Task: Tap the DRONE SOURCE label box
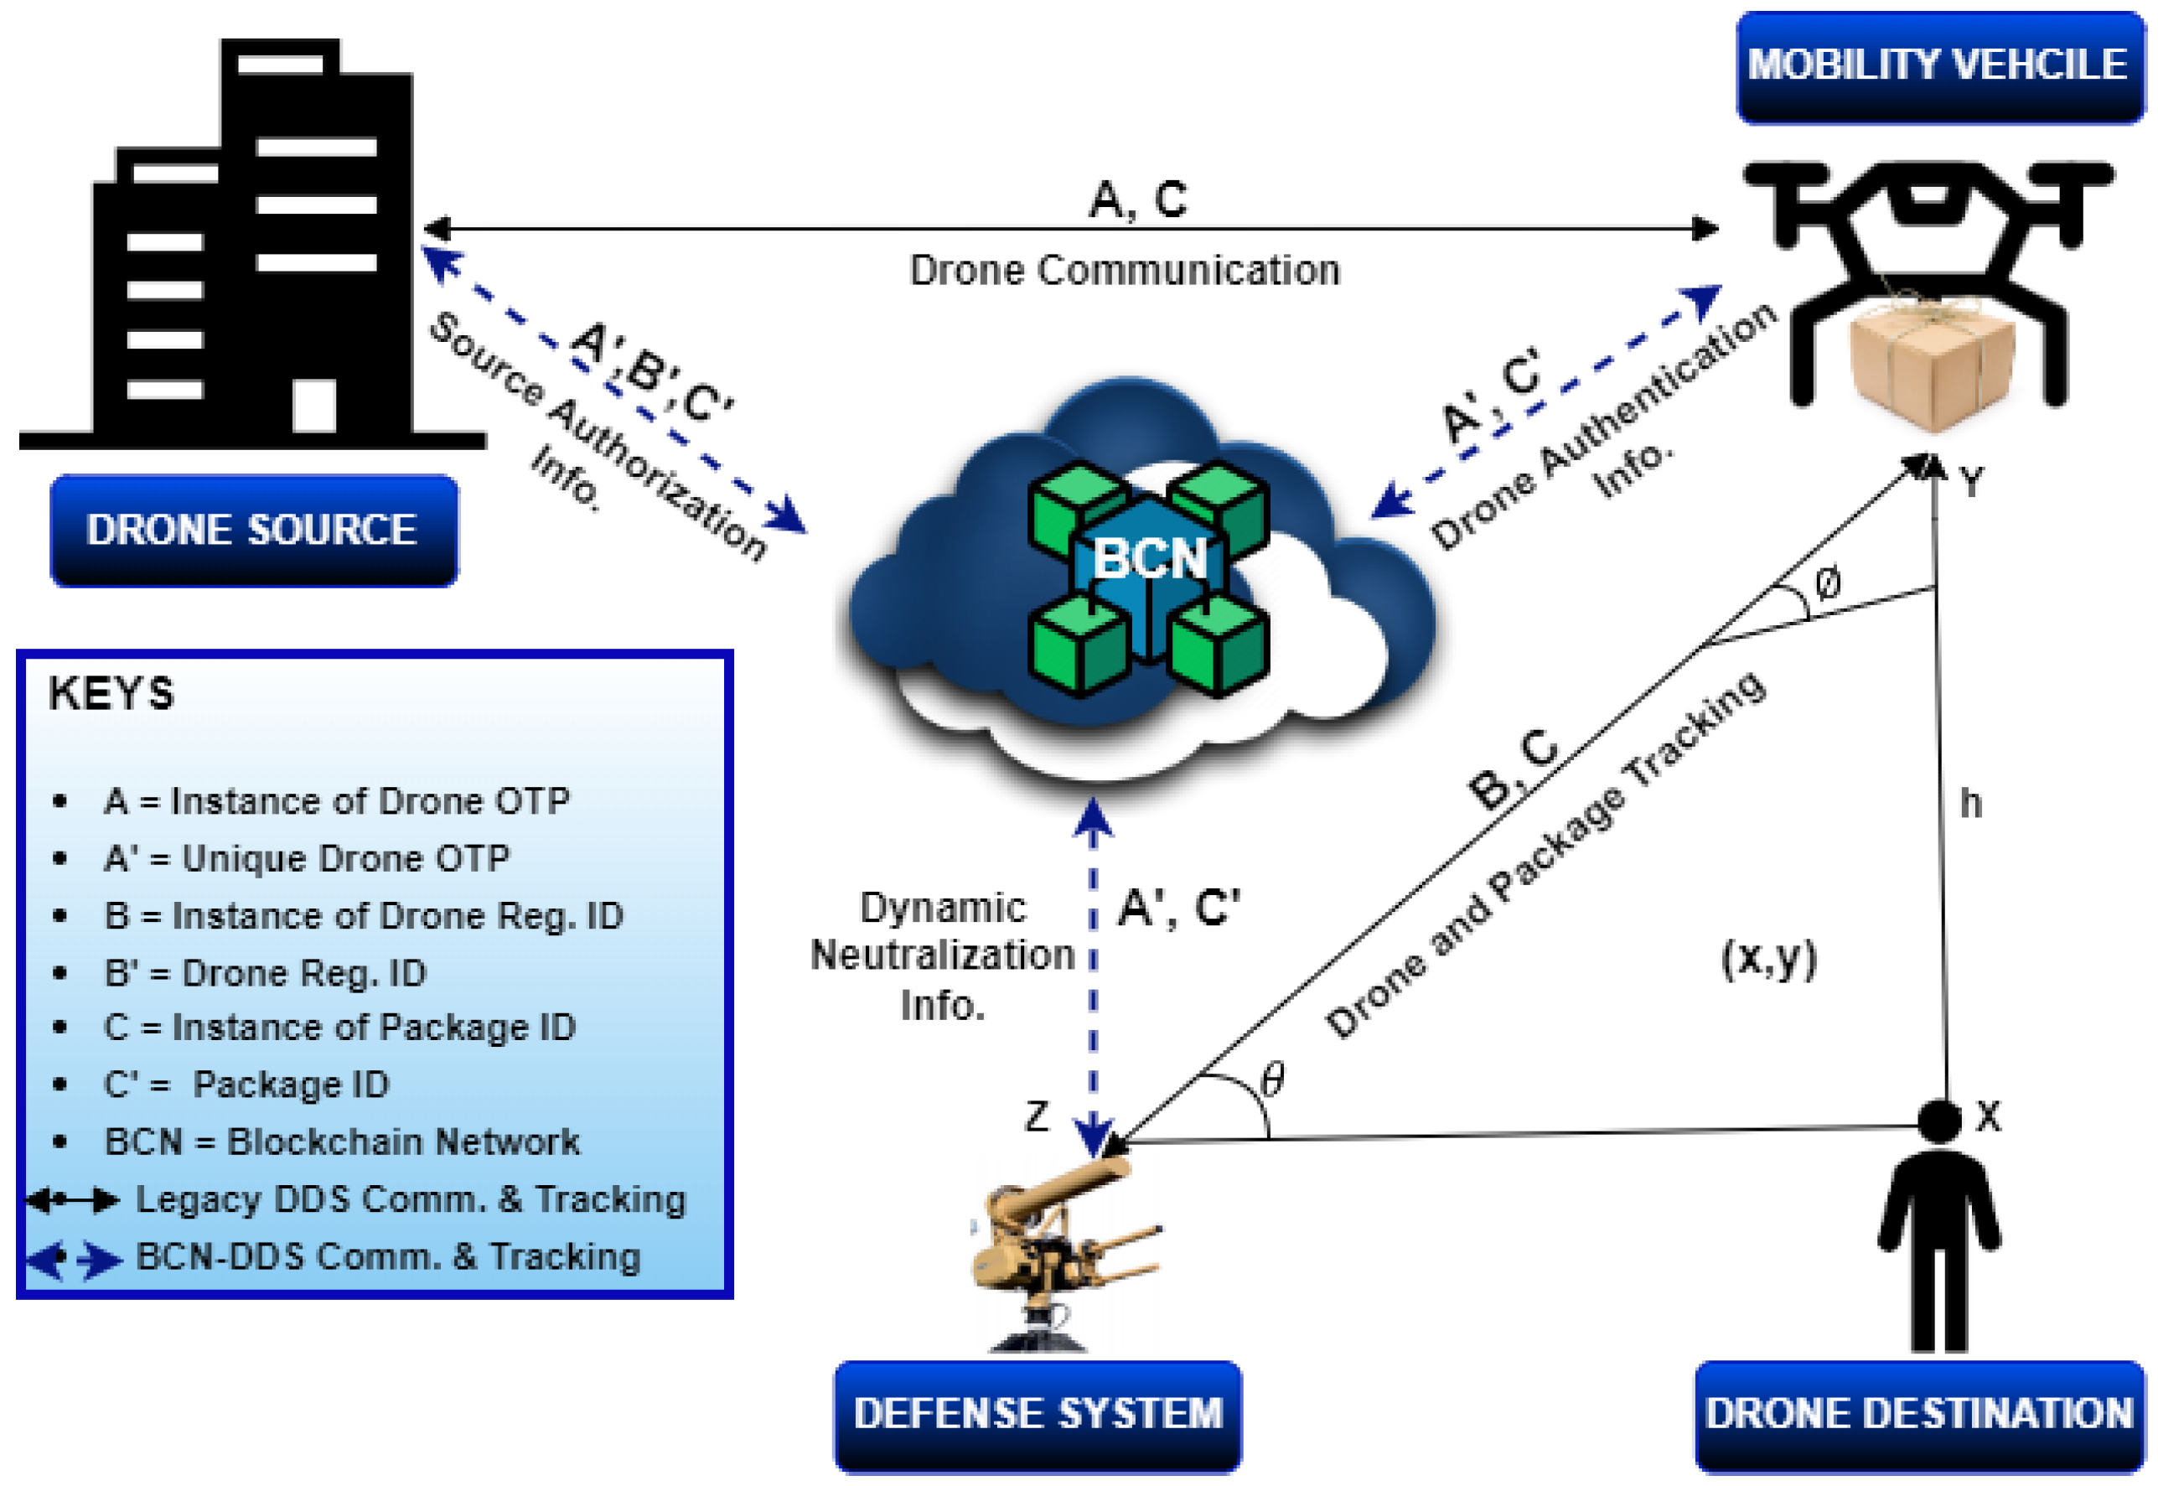pos(252,530)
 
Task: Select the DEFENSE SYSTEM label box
pos(1038,1412)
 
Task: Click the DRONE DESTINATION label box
pos(1919,1412)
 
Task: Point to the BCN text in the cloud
pos(1149,559)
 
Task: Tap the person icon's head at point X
pos(1939,1119)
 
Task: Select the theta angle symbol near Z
pos(1273,1080)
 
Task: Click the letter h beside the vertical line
pos(1970,803)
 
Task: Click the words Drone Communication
pos(1125,270)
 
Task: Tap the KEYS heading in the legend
pos(111,694)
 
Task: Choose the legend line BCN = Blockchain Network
pos(341,1142)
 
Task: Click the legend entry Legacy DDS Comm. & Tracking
pos(410,1199)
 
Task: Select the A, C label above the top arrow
pos(1137,199)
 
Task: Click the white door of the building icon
pos(313,405)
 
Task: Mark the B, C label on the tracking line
pos(1513,768)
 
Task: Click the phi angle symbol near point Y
pos(1828,584)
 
